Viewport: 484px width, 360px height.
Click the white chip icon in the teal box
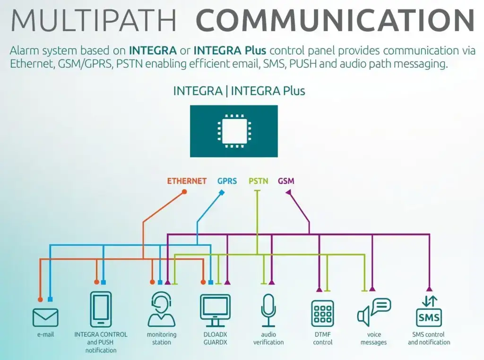point(233,131)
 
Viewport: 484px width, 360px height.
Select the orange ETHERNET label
point(187,181)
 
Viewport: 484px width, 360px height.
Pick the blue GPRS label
point(227,181)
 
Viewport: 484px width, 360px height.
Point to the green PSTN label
point(258,181)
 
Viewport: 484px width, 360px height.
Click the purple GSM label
point(286,181)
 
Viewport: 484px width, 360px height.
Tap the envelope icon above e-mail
point(45,317)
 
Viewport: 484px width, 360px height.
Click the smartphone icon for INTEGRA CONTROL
point(101,309)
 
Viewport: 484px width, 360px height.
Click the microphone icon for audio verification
point(268,310)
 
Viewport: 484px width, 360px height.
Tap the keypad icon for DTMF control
point(323,313)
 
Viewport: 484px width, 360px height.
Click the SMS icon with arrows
point(429,311)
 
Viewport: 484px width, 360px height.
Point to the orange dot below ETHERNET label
point(184,192)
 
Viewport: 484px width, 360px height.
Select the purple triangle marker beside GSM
point(288,192)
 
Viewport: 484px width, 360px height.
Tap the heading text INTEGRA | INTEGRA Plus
point(239,91)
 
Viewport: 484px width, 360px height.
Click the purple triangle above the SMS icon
point(429,289)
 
